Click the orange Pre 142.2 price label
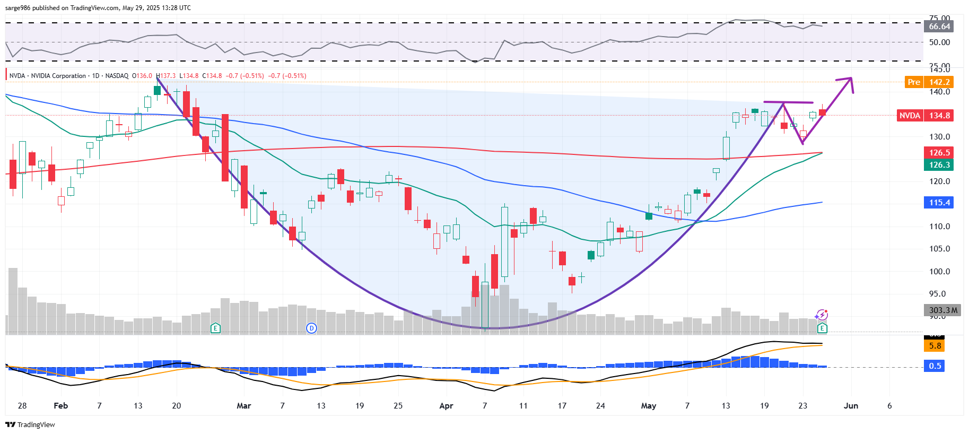click(929, 82)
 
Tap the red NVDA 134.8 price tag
click(925, 116)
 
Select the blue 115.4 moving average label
click(939, 203)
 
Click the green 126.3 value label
click(939, 165)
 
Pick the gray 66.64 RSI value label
click(939, 27)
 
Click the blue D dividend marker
click(311, 328)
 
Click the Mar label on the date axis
click(243, 406)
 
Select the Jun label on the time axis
click(851, 406)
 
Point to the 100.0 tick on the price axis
click(939, 272)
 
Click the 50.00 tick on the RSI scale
click(939, 42)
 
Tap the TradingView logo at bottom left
click(30, 424)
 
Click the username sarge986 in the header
click(18, 8)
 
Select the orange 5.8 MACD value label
click(935, 346)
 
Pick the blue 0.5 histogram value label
click(935, 366)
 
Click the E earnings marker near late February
click(215, 328)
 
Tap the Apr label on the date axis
click(446, 406)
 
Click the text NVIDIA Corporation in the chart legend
click(58, 76)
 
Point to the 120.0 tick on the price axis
click(939, 181)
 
